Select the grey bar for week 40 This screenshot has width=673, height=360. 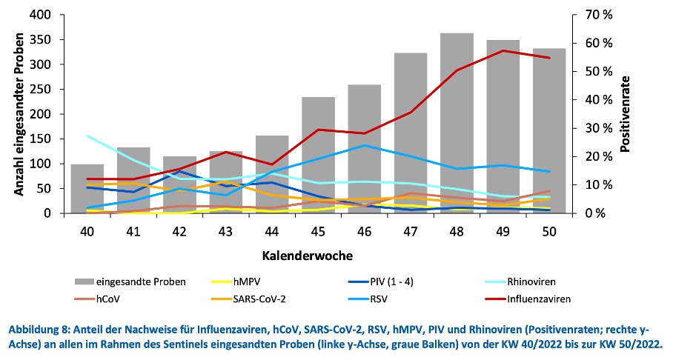(87, 189)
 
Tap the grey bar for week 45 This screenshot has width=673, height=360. (317, 155)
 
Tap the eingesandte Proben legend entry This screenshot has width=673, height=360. (144, 282)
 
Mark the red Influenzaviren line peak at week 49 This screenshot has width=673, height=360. (504, 50)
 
